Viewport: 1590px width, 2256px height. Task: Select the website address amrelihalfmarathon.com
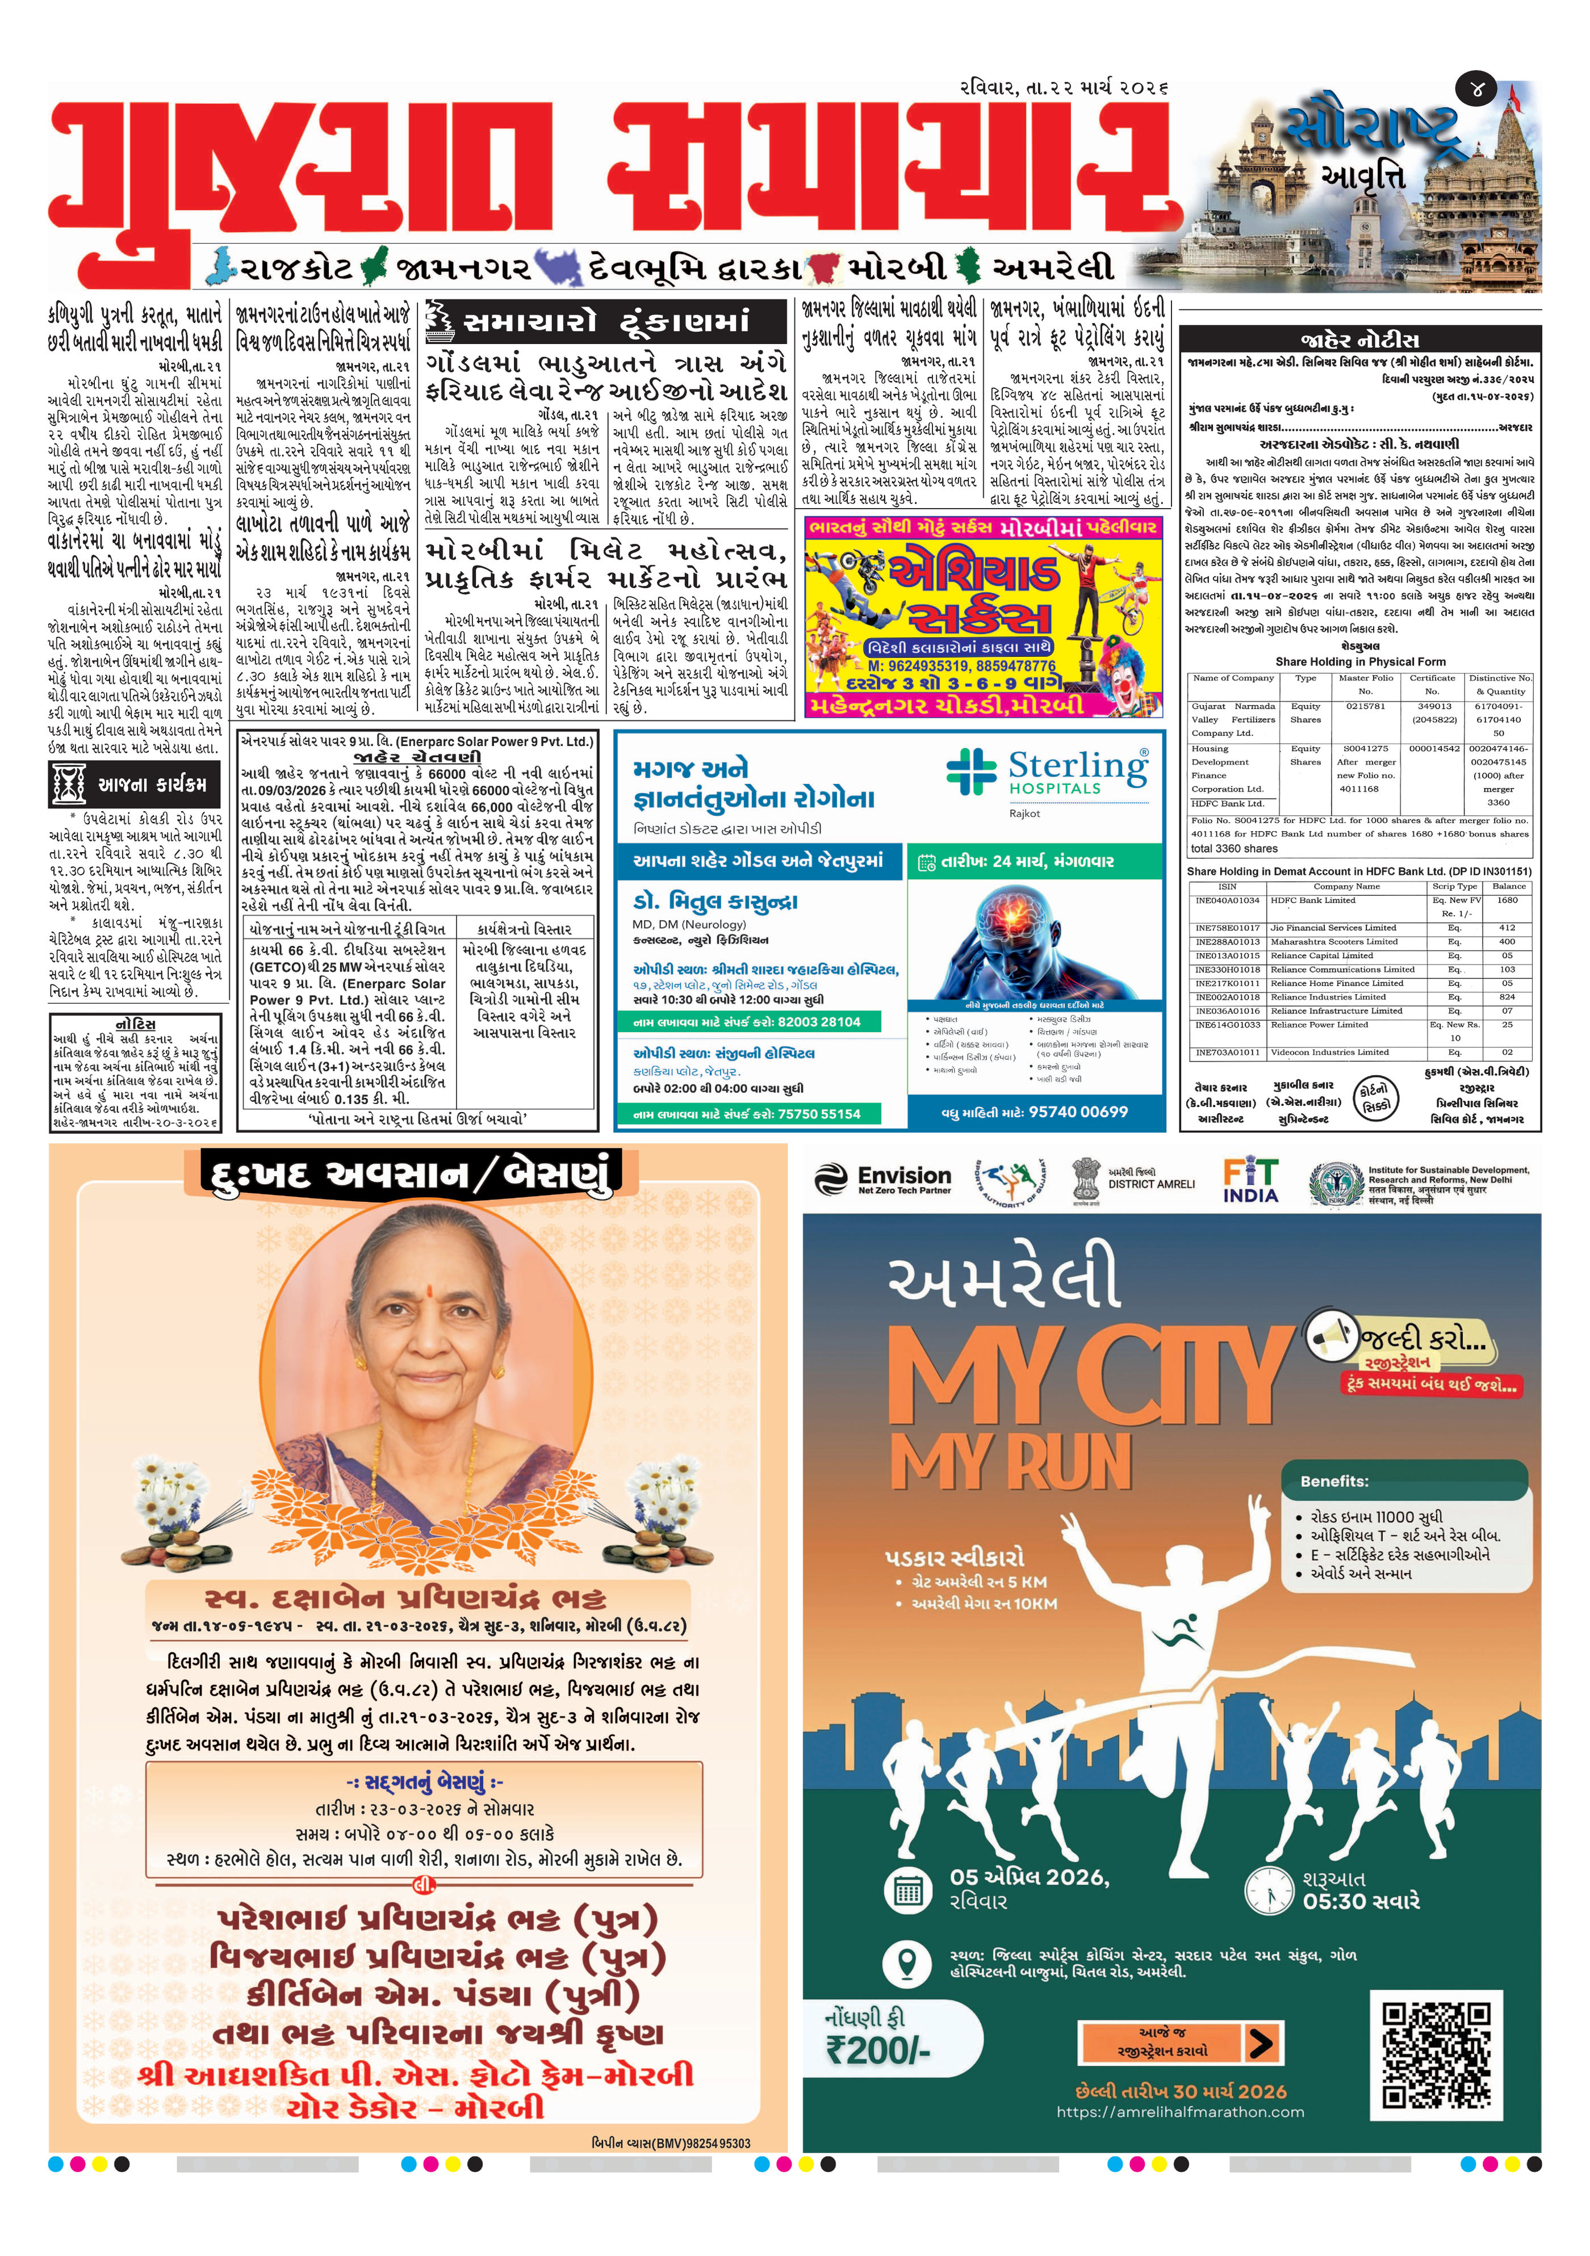1180,2112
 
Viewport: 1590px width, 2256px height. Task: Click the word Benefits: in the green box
1333,1481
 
